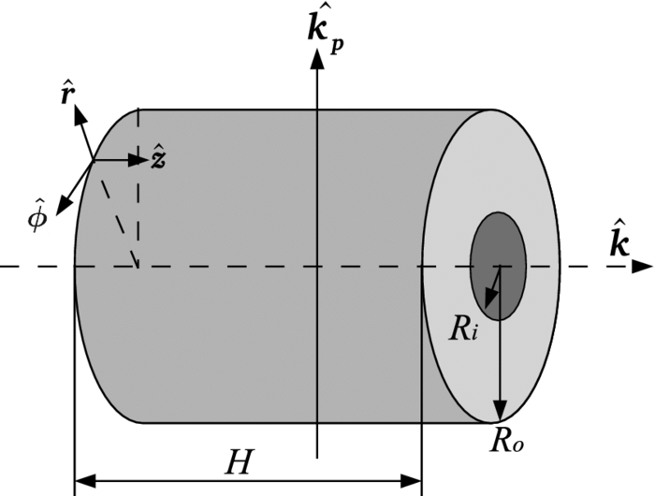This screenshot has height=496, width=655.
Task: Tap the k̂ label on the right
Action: point(617,240)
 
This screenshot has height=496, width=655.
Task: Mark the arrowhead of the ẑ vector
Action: point(141,160)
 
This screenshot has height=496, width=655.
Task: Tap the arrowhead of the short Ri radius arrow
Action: point(488,299)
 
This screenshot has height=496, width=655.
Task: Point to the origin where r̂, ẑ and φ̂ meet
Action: point(94,160)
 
